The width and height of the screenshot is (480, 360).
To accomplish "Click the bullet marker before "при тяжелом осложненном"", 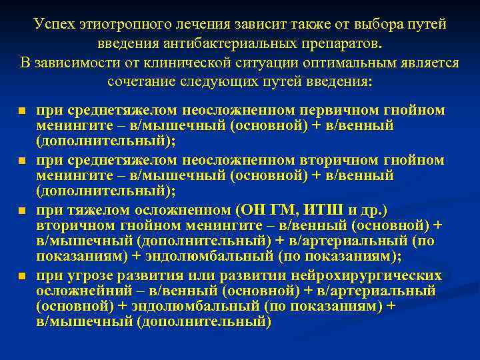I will point(22,210).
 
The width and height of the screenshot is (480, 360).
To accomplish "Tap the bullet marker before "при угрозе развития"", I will point(22,276).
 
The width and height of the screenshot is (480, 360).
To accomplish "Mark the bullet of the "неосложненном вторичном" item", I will point(22,161).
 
